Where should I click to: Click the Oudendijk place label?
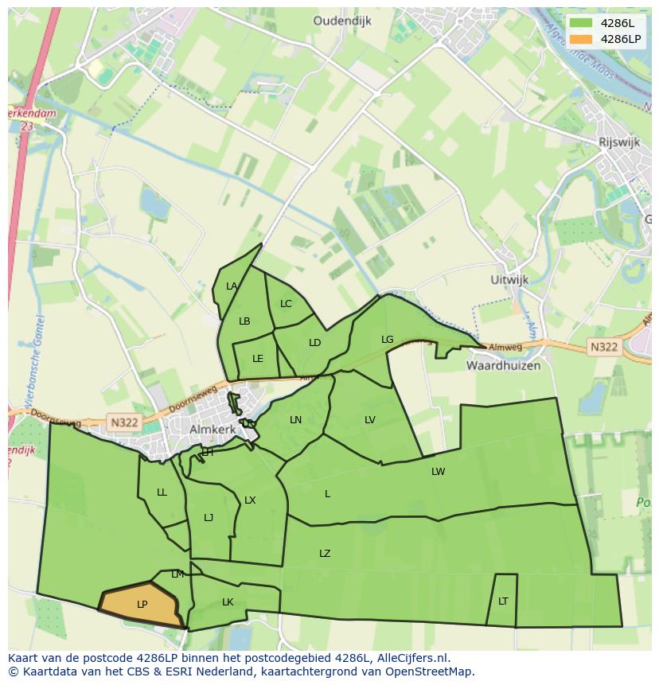342,21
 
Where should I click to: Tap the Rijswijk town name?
620,142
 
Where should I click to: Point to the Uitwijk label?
509,280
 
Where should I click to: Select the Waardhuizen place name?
503,366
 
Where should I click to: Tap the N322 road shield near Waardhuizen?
604,347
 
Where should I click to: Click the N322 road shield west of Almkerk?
123,423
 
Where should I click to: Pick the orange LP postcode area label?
142,605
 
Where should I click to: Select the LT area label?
503,601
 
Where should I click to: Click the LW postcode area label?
438,472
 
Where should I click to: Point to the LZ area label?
325,554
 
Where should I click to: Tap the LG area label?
387,340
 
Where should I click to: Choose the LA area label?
232,286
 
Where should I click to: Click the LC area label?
286,304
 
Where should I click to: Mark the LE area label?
257,359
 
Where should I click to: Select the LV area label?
370,420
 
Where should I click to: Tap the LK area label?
228,602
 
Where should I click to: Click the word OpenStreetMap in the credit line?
433,671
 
